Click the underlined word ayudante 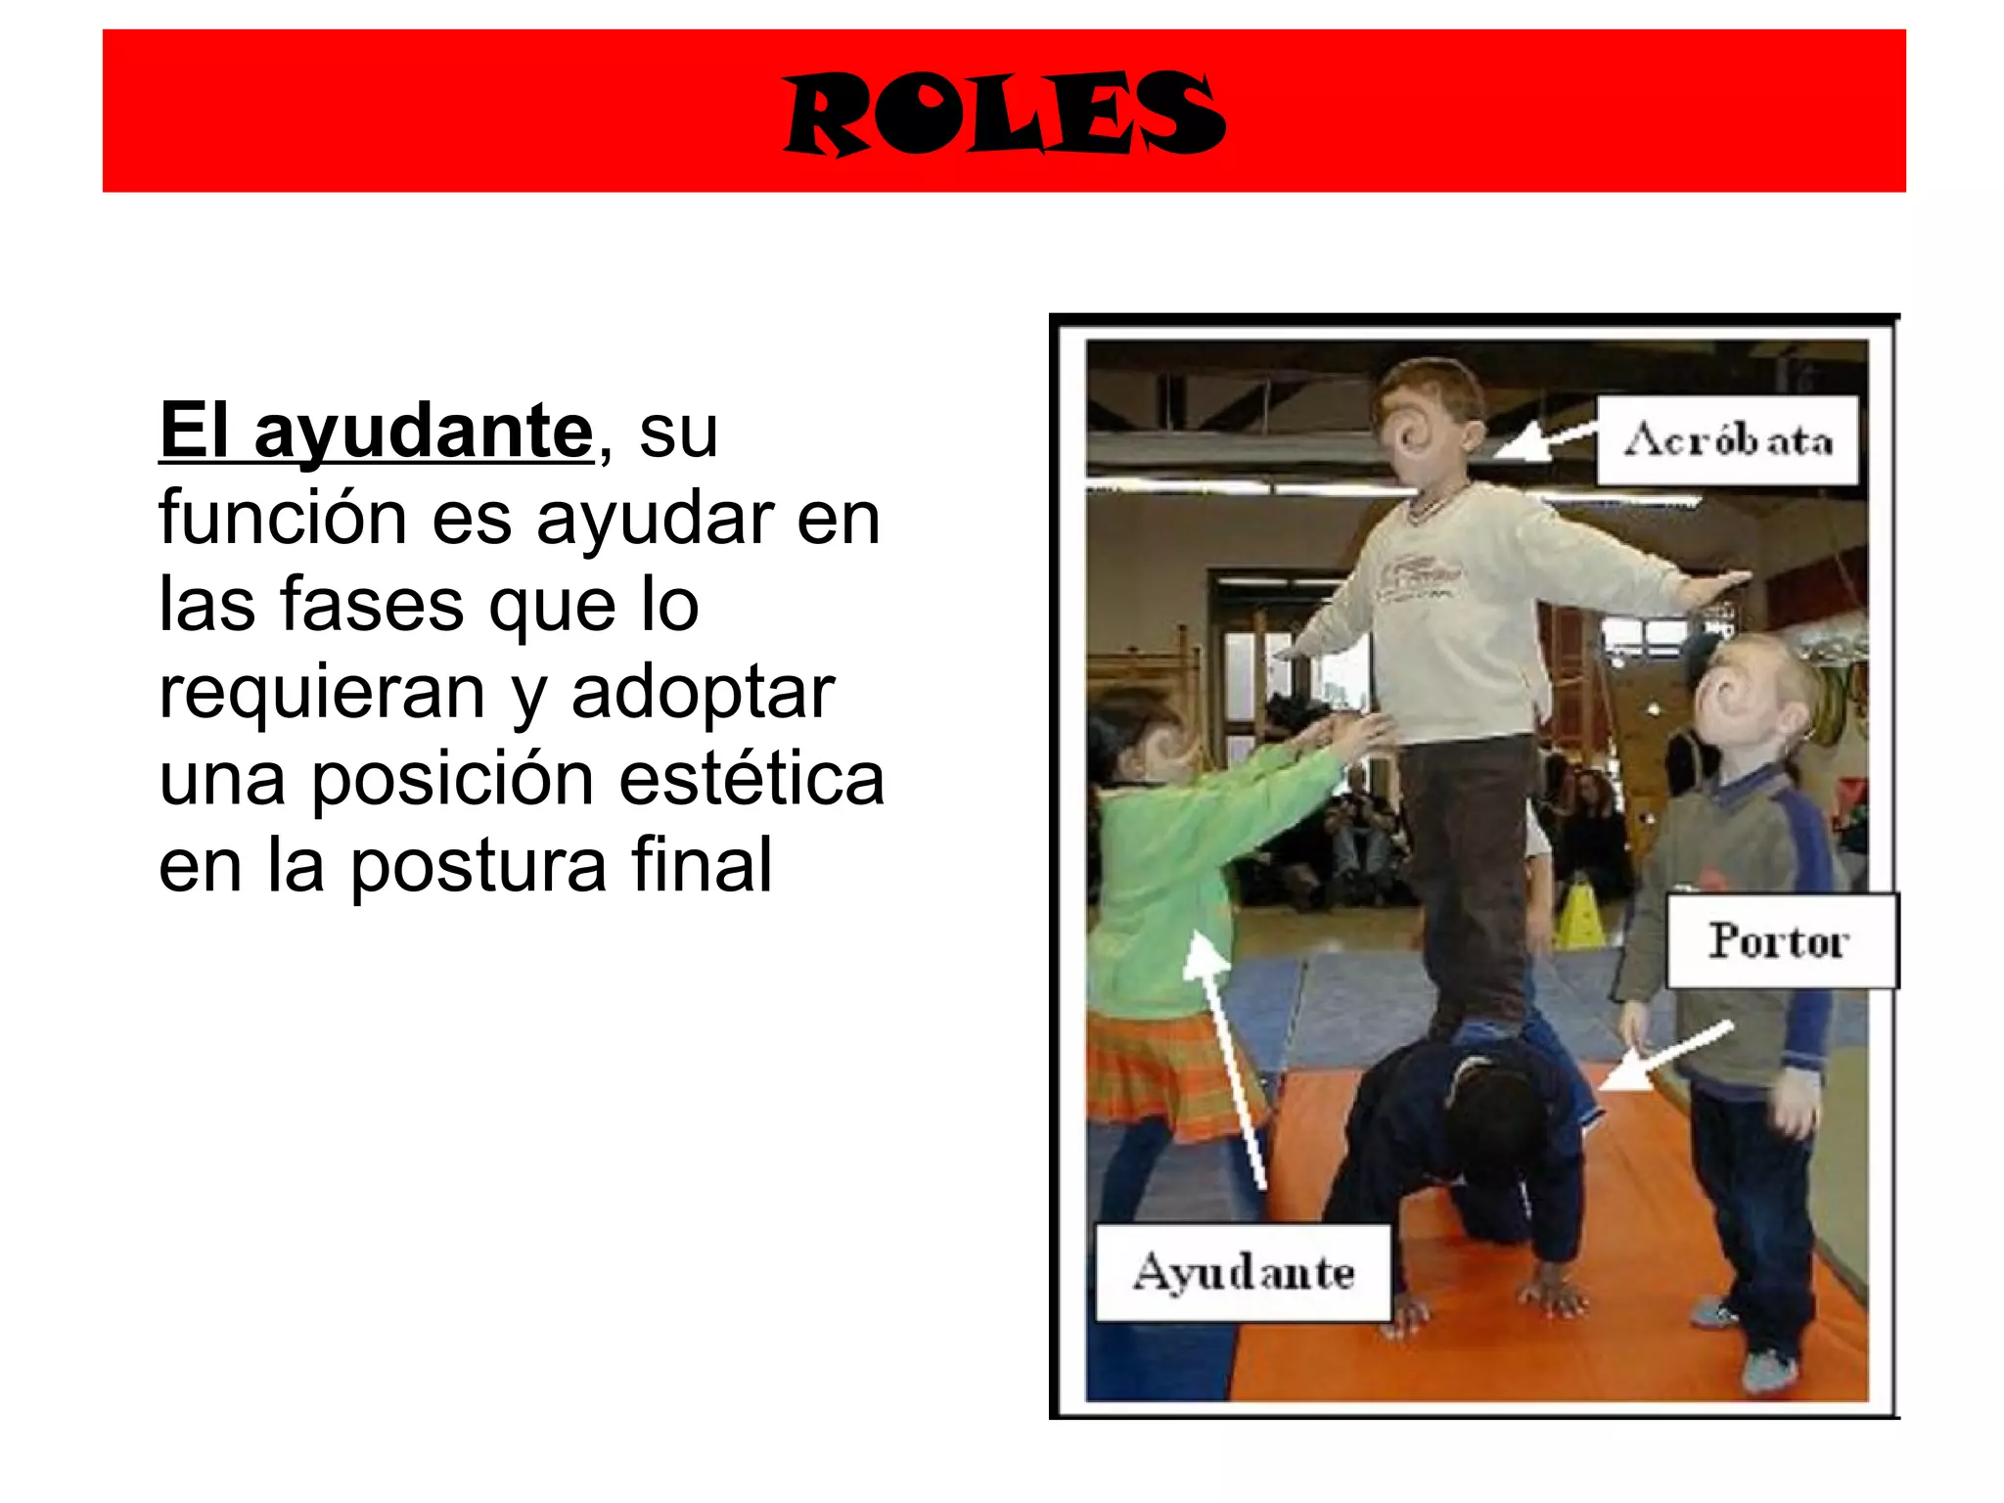(423, 432)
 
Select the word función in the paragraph (282, 518)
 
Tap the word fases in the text (371, 604)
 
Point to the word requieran (322, 692)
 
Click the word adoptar (703, 692)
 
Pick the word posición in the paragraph (452, 779)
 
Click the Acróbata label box (1727, 440)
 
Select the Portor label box (1780, 940)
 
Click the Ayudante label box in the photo (1243, 1272)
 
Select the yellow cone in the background (1578, 915)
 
